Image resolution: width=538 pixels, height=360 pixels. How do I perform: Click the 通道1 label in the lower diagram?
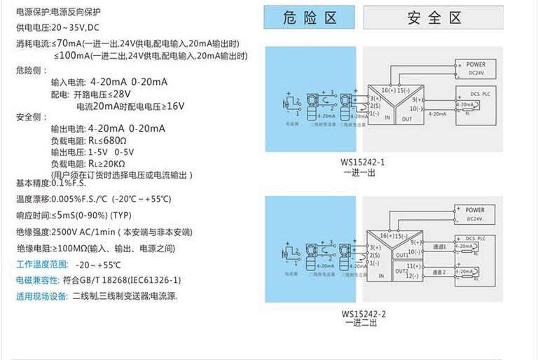click(439, 247)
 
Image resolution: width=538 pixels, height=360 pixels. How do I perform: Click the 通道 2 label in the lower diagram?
click(439, 272)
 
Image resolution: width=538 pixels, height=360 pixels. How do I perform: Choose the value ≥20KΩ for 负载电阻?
click(109, 163)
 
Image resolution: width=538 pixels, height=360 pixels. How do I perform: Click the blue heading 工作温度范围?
click(42, 265)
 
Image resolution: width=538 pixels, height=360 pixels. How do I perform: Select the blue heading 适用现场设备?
click(41, 296)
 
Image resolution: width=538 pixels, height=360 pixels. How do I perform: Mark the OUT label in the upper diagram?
click(407, 119)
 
